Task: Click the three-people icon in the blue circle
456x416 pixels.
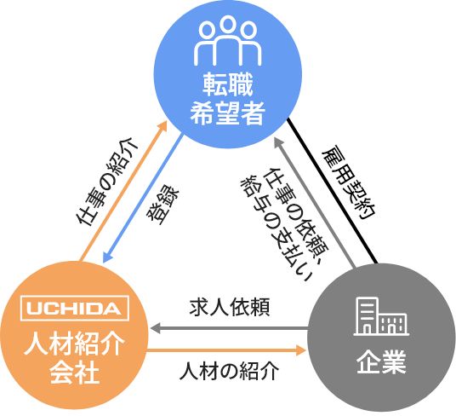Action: click(228, 41)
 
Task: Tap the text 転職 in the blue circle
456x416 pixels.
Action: click(228, 84)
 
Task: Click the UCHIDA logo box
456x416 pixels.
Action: click(75, 309)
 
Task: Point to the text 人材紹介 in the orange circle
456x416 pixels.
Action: click(74, 344)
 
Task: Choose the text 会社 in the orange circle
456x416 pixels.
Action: click(75, 373)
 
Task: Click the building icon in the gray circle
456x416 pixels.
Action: click(381, 316)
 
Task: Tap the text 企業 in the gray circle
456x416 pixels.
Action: click(381, 361)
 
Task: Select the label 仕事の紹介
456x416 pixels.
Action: click(106, 182)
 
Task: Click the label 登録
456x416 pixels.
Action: click(162, 205)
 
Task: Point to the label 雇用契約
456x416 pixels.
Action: click(349, 182)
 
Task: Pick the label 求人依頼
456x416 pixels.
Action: click(230, 307)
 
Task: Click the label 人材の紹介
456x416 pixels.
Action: click(230, 371)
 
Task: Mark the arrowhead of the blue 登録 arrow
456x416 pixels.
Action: click(107, 257)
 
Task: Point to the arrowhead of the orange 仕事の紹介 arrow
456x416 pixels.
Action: click(162, 126)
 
